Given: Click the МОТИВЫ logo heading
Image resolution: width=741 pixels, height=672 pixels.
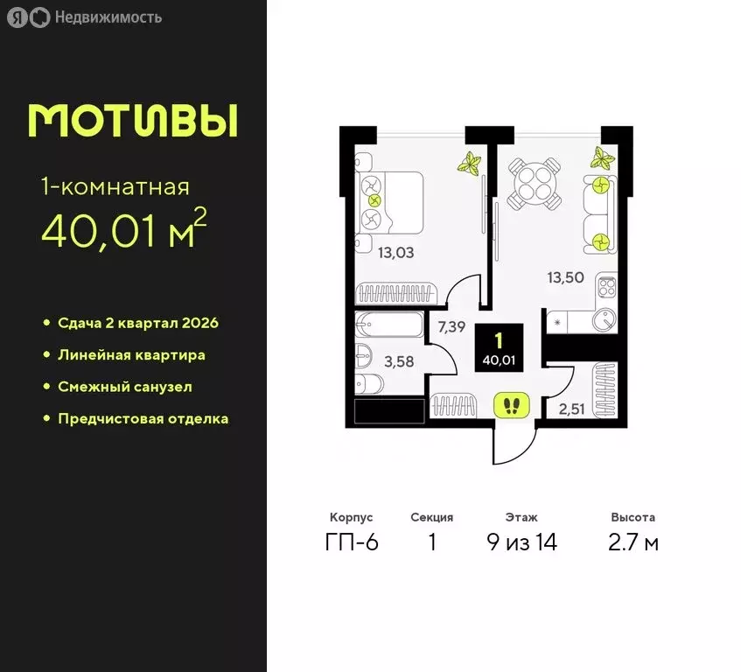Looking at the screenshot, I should pos(132,121).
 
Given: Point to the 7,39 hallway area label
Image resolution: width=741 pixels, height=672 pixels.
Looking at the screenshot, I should pos(451,327).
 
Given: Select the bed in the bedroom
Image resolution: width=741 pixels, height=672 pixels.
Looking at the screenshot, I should pos(390,200).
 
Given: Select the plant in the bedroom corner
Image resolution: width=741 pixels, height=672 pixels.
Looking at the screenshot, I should pos(472,164).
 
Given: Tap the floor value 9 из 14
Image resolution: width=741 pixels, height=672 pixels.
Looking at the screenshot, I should pos(521,542).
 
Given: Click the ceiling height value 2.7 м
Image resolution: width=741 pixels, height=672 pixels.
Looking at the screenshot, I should pos(634,542).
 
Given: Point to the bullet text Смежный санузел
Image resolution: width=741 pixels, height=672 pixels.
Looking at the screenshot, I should pos(124,386).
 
